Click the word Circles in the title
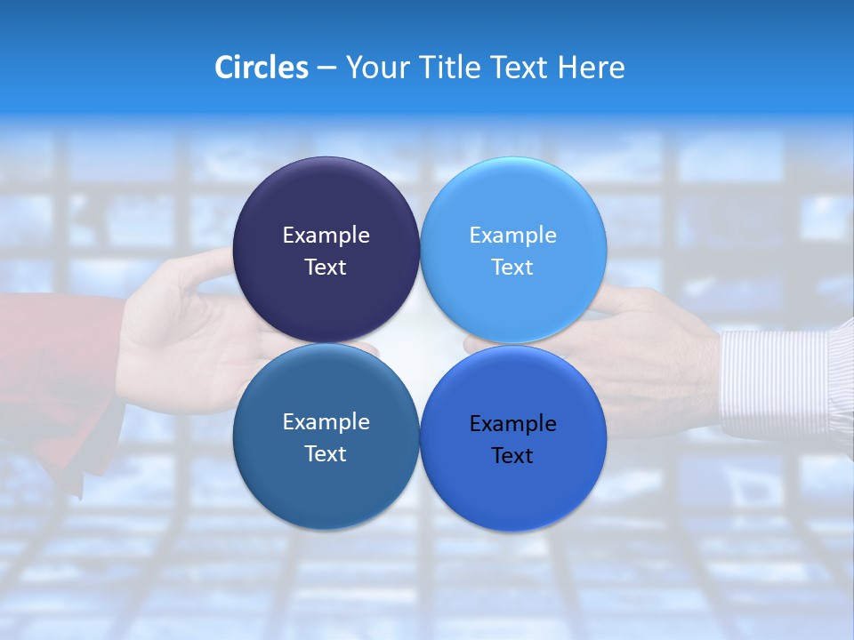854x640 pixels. [x=262, y=68]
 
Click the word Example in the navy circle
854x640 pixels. [x=326, y=236]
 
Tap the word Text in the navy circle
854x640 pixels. [x=326, y=268]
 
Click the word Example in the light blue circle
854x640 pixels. [x=512, y=236]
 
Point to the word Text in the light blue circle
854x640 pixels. [x=512, y=268]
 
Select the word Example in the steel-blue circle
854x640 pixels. [x=326, y=422]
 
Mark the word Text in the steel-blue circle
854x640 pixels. [x=326, y=454]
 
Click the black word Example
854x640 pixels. [x=512, y=424]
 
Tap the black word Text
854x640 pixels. [x=512, y=456]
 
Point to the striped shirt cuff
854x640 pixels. [x=783, y=373]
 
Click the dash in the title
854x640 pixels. [x=326, y=68]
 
